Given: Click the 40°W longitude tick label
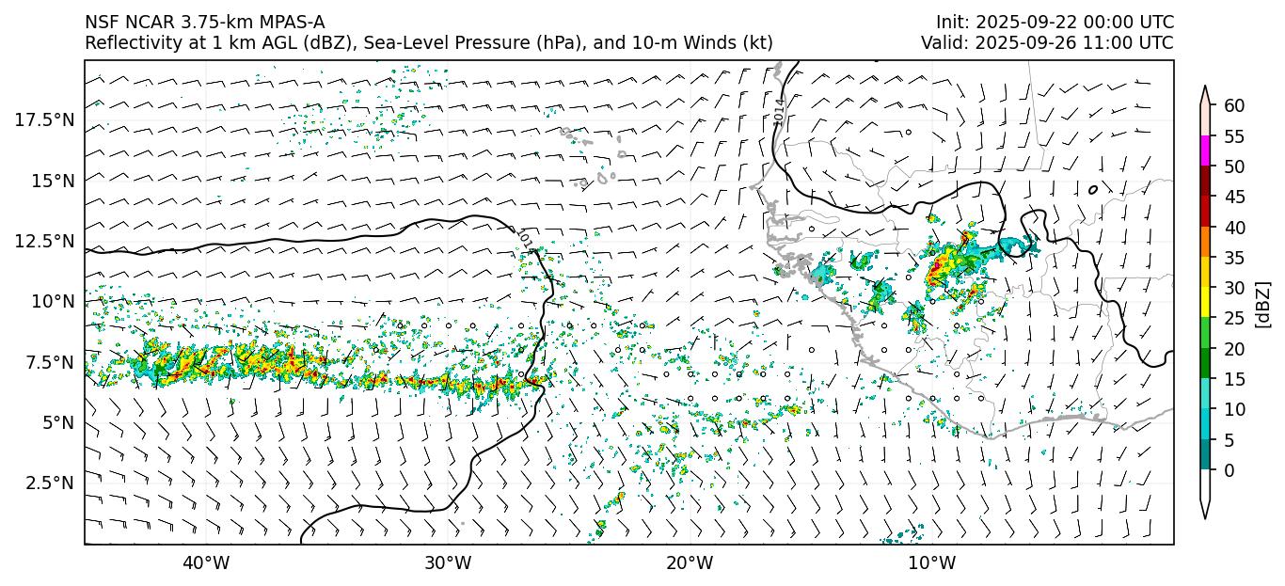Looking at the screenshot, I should coord(205,563).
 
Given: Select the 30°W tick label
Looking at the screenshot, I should coord(448,563).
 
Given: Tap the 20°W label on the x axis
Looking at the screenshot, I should coord(690,563).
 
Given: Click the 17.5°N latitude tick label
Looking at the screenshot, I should coord(44,119).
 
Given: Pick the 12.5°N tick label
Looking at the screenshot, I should coord(44,241).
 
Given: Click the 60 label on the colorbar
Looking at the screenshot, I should coord(1234,105).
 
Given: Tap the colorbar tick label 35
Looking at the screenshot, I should coord(1234,258).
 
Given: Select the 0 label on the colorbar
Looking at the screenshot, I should coord(1229,470).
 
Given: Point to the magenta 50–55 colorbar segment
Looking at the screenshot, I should coord(1205,151).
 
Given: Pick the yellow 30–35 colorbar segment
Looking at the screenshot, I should coord(1205,273).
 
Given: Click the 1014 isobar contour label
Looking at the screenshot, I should coord(780,111).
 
